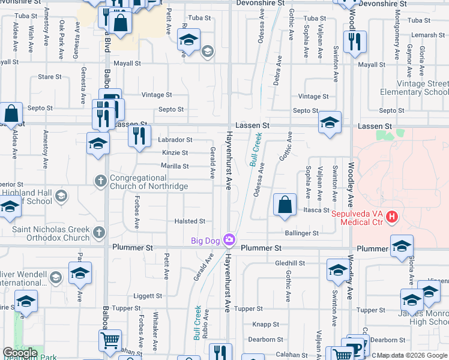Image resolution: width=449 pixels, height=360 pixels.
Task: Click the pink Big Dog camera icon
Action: pyautogui.click(x=228, y=241)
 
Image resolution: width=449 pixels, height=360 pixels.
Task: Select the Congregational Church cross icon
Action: pyautogui.click(x=101, y=181)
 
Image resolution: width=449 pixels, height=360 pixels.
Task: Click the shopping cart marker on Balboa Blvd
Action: pyautogui.click(x=110, y=340)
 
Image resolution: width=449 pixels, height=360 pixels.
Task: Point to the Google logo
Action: pyautogui.click(x=20, y=353)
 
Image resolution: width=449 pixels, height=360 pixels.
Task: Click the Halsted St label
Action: pyautogui.click(x=190, y=221)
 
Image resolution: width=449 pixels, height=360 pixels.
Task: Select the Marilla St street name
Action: pyautogui.click(x=175, y=166)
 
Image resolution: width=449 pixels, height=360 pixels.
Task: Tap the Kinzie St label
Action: pyautogui.click(x=175, y=153)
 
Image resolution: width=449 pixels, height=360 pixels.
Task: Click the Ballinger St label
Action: pyautogui.click(x=302, y=233)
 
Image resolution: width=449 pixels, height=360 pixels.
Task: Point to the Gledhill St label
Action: pyautogui.click(x=290, y=263)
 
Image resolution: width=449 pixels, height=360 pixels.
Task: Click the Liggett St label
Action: pyautogui.click(x=148, y=296)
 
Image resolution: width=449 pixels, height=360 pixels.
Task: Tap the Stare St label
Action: pyautogui.click(x=50, y=77)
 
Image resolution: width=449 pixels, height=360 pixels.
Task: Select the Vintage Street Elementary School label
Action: pyautogui.click(x=414, y=88)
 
